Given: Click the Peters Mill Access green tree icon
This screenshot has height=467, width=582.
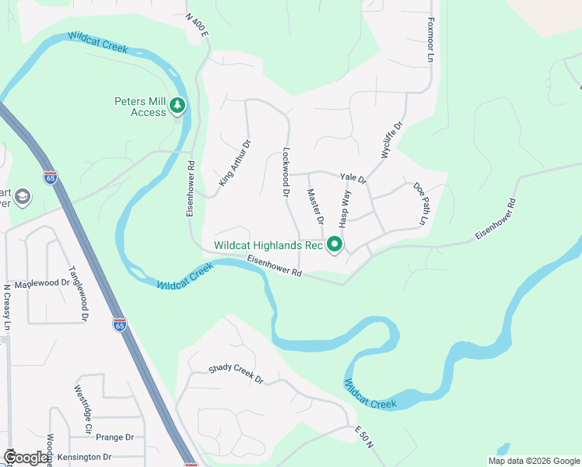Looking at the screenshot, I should tap(178, 105).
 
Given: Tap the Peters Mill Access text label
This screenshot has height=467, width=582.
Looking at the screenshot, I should tap(141, 107).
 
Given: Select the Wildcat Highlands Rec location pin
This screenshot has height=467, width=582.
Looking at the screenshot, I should tap(335, 244).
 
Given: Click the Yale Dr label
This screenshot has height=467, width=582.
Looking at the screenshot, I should tap(353, 177).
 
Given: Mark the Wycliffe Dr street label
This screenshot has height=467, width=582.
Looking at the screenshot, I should tap(392, 140).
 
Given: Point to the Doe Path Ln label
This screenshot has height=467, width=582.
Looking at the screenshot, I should tap(421, 203).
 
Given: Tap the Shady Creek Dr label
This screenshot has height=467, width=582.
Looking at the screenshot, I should tap(236, 374).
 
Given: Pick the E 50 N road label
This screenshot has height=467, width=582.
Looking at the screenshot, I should tap(364, 436).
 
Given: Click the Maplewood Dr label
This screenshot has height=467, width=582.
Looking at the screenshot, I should tap(42, 283).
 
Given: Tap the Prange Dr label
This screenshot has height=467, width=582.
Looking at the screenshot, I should tap(116, 437).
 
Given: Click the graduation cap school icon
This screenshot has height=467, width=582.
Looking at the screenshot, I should tap(22, 197).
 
